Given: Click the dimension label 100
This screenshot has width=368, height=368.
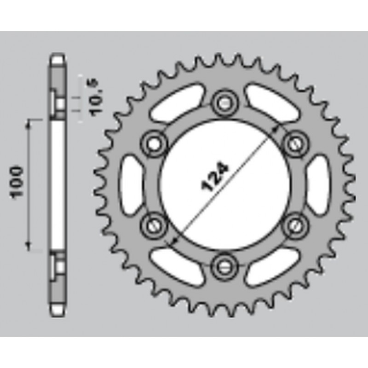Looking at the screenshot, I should [17, 183].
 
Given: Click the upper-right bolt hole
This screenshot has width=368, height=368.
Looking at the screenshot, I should [296, 143].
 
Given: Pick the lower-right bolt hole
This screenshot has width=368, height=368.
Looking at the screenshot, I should [296, 224].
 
